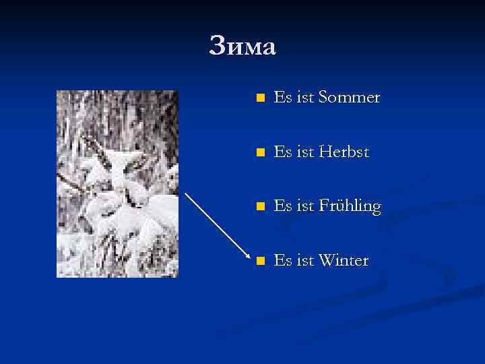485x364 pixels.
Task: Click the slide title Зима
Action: click(243, 47)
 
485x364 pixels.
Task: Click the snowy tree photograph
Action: click(117, 183)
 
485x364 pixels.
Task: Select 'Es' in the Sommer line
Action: click(282, 98)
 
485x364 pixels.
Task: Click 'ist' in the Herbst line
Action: click(305, 152)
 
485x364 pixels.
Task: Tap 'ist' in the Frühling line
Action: click(305, 206)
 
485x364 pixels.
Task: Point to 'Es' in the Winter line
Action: click(282, 260)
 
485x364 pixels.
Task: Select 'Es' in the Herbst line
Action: click(282, 152)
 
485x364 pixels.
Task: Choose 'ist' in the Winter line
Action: click(305, 260)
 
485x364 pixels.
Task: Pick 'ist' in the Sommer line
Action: click(305, 98)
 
